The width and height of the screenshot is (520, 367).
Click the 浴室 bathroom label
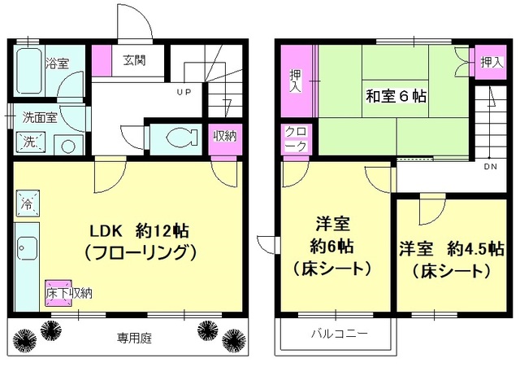pyautogui.click(x=57, y=63)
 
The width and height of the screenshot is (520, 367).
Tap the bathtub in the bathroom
pyautogui.click(x=29, y=72)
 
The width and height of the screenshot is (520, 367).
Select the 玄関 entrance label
pyautogui.click(x=134, y=60)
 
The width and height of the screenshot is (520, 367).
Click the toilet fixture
pyautogui.click(x=175, y=137)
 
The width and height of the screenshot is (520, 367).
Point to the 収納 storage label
pyautogui.click(x=224, y=136)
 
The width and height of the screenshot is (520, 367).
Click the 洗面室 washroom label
pyautogui.click(x=39, y=116)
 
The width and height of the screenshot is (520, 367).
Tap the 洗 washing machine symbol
pyautogui.click(x=30, y=142)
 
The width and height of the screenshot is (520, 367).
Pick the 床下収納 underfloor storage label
pyautogui.click(x=68, y=292)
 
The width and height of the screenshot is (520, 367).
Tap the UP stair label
pyautogui.click(x=184, y=92)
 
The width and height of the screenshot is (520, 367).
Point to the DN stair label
pyautogui.click(x=491, y=168)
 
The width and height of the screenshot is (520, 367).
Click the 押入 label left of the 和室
pyautogui.click(x=296, y=81)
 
